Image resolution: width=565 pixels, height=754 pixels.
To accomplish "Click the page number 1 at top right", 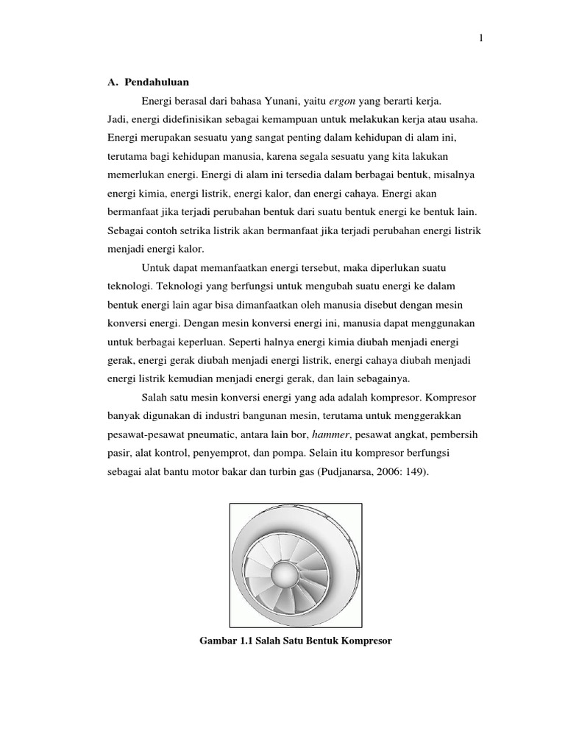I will (x=480, y=40).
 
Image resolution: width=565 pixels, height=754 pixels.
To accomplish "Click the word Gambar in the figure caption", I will (x=217, y=641).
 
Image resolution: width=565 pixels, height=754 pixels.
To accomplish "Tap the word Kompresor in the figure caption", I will (x=366, y=641).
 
